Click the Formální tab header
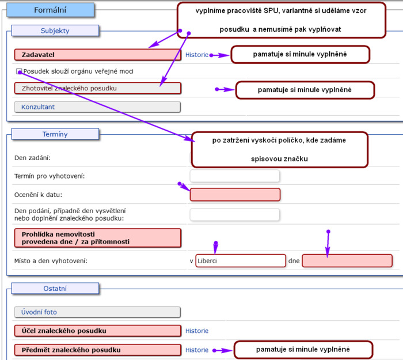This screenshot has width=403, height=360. tap(51, 10)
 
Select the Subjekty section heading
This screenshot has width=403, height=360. tap(55, 31)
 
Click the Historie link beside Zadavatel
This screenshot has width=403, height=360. tap(197, 55)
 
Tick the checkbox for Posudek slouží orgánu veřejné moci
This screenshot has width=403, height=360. tap(19, 71)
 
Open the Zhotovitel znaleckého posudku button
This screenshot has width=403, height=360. tap(98, 88)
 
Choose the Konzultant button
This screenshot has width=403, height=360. tap(97, 107)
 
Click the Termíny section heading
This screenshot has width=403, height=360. tap(55, 134)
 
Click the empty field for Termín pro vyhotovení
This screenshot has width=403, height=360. tap(235, 176)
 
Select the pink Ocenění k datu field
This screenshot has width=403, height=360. tap(235, 195)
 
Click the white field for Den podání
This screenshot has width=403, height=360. tap(235, 214)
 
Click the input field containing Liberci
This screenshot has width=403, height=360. tap(241, 261)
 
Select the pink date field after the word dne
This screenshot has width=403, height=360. tap(347, 261)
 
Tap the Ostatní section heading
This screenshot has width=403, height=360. tap(55, 288)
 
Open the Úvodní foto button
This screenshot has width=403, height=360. tap(97, 312)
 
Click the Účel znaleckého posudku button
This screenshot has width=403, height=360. tap(98, 331)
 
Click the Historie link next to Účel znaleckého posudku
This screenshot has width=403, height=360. tap(197, 331)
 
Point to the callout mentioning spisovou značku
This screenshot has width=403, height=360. tap(280, 150)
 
